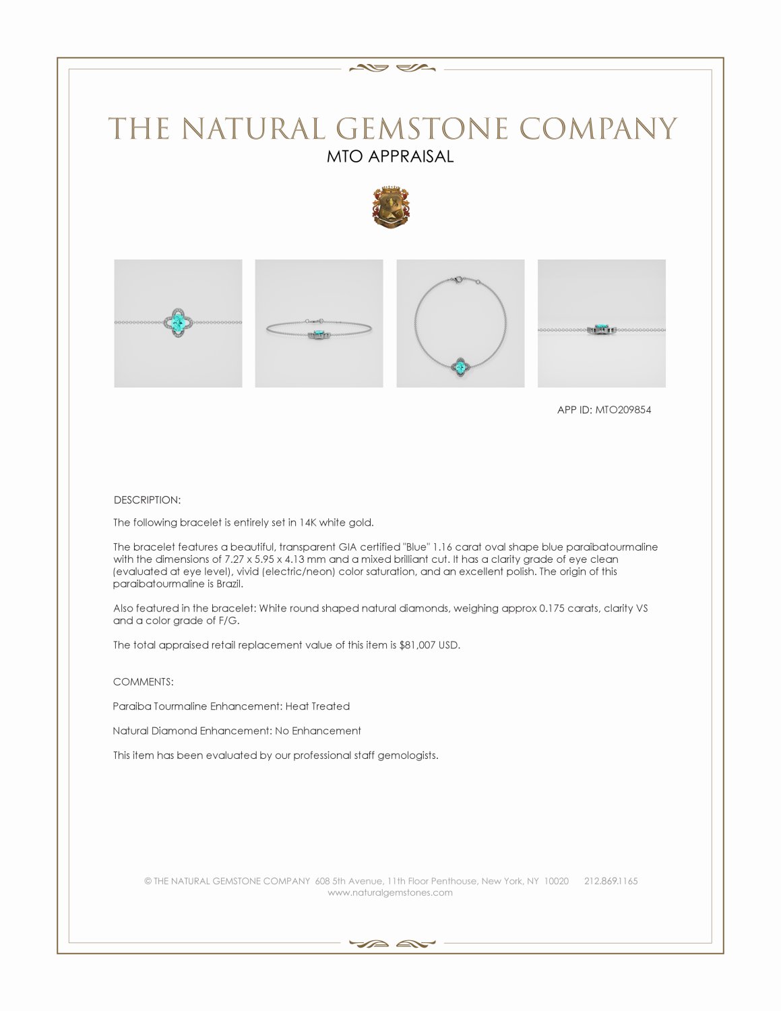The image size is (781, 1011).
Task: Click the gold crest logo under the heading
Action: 390,207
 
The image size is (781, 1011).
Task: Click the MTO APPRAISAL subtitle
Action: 390,156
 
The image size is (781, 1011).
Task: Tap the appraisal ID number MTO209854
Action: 623,410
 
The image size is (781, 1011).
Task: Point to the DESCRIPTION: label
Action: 147,500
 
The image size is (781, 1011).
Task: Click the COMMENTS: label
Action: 143,682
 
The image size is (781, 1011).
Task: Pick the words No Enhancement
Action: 317,731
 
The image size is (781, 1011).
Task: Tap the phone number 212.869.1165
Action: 611,881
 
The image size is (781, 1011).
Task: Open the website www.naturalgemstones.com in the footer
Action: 390,892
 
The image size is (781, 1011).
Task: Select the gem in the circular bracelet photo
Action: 460,368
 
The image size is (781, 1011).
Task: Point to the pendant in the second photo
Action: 317,334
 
